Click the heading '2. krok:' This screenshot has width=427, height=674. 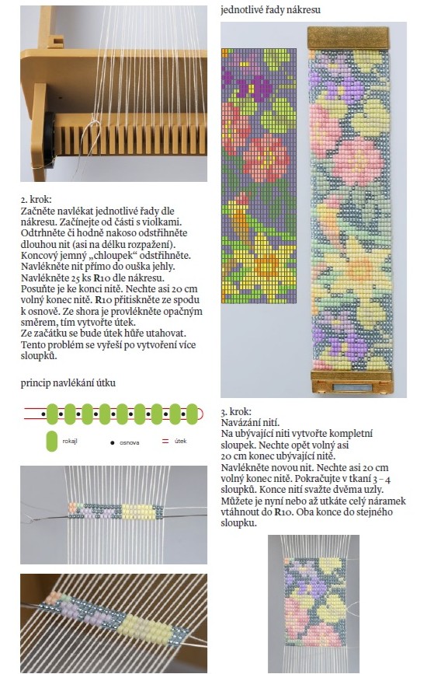tap(36, 200)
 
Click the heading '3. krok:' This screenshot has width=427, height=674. tap(236, 411)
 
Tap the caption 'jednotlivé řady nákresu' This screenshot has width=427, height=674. tap(270, 10)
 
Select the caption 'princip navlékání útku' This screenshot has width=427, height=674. tap(68, 382)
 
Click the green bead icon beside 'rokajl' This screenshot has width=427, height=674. tap(52, 441)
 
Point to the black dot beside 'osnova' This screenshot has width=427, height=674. tap(113, 442)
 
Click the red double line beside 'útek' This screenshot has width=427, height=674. tap(165, 441)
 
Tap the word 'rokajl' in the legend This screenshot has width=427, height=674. tap(70, 441)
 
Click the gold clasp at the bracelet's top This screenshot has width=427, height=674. tap(348, 38)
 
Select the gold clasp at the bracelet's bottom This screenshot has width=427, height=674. tap(352, 382)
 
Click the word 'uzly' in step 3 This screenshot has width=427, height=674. tap(373, 490)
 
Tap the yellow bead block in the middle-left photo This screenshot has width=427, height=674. tap(137, 512)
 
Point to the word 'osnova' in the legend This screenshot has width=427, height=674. tap(129, 442)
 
